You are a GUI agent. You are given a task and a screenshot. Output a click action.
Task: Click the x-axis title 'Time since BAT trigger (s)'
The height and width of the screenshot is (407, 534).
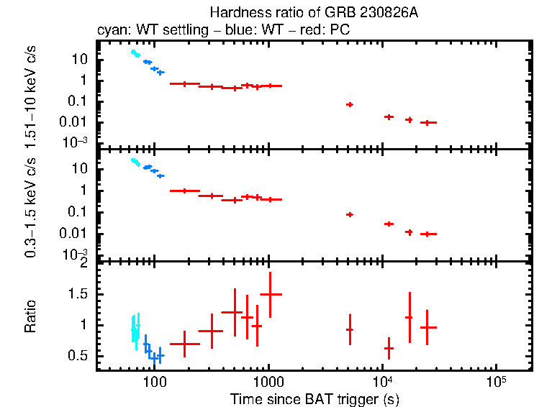coord(314,398)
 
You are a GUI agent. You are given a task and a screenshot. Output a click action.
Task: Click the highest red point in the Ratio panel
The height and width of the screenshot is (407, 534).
coord(270,294)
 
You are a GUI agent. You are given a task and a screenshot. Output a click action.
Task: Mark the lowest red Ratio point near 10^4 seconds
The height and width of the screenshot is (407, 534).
coord(389,348)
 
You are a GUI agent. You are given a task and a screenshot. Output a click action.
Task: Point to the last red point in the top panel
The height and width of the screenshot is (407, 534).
coord(429,122)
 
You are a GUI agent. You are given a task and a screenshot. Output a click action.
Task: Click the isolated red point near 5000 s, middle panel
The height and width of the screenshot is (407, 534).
coord(350,214)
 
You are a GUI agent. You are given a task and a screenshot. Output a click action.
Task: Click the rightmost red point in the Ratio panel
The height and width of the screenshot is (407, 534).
coord(429,327)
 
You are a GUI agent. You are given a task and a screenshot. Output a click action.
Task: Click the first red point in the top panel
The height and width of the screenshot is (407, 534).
coord(185,84)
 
